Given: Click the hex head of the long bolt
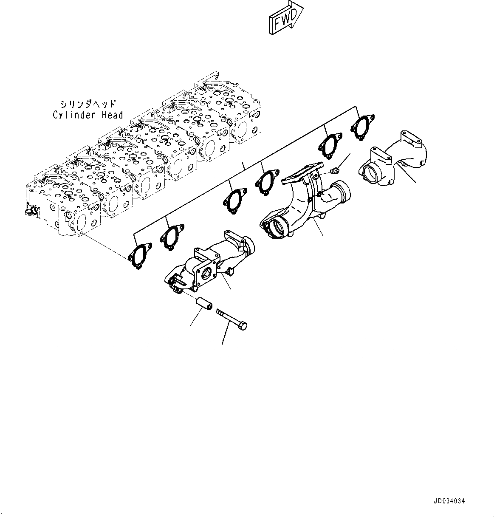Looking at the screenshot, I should [243, 325].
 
